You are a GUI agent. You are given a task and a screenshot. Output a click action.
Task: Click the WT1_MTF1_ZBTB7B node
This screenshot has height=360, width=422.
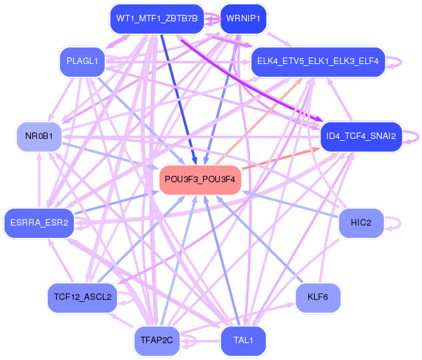(x=157, y=19)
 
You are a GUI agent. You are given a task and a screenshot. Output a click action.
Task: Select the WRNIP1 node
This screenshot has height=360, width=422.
(x=243, y=19)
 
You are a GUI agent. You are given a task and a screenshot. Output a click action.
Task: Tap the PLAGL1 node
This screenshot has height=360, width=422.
(x=82, y=61)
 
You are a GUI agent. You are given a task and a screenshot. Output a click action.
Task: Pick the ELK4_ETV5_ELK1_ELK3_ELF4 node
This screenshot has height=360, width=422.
(x=318, y=61)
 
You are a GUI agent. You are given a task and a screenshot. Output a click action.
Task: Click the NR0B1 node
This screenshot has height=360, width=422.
(x=39, y=136)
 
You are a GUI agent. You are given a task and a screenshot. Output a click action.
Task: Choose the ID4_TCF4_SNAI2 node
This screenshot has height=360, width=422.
(x=361, y=136)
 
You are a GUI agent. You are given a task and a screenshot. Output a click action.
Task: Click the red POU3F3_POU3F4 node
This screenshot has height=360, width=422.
(x=200, y=180)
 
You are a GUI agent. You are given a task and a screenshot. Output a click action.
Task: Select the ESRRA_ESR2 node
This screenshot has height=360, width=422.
(x=39, y=223)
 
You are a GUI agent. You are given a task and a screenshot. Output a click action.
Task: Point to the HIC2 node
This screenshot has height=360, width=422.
(x=361, y=223)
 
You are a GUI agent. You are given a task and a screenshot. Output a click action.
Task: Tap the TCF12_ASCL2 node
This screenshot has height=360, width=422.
(x=82, y=297)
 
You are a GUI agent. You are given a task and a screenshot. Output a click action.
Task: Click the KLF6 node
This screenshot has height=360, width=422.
(x=318, y=297)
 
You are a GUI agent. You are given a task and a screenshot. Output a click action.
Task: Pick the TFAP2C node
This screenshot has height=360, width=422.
(x=157, y=341)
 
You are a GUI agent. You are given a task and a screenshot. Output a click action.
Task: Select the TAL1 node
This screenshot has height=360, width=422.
(x=243, y=341)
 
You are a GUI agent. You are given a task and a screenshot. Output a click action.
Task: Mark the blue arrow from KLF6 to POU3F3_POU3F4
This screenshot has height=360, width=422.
(x=259, y=239)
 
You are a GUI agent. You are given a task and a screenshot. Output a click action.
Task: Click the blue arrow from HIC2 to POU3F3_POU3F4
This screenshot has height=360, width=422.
(x=290, y=204)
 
